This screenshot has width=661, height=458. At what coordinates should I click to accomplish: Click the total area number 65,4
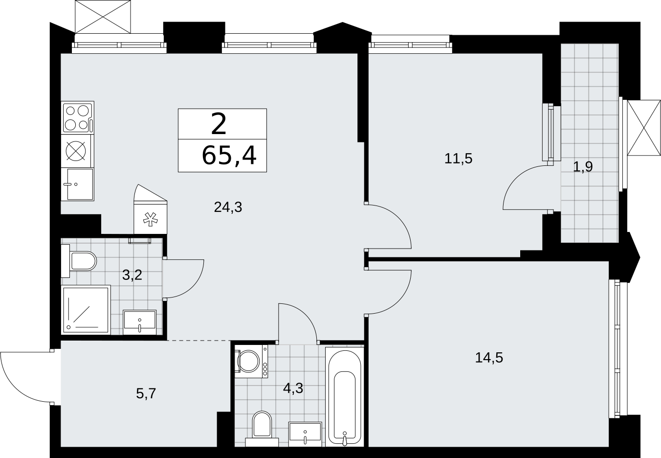[229, 156]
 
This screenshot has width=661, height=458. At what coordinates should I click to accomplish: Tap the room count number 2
[219, 124]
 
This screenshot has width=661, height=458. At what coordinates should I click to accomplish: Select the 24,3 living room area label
[228, 207]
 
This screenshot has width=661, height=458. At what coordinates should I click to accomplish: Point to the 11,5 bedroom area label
[458, 159]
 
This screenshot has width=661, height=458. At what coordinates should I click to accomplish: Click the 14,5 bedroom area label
[489, 358]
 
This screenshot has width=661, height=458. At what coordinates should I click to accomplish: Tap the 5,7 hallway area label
[146, 393]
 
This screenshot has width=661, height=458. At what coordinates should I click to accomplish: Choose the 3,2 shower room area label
[132, 275]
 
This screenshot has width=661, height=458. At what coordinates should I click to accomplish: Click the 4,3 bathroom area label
[293, 388]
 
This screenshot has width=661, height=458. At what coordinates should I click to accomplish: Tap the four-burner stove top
[78, 118]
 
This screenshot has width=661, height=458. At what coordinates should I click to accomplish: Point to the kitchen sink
[78, 184]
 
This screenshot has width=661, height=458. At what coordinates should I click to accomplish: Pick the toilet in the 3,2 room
[79, 261]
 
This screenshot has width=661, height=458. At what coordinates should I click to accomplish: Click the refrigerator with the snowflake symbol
[151, 210]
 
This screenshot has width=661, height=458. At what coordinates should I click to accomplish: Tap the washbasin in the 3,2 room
[139, 322]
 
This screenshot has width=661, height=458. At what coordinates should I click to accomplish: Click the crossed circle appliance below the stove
[76, 151]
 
